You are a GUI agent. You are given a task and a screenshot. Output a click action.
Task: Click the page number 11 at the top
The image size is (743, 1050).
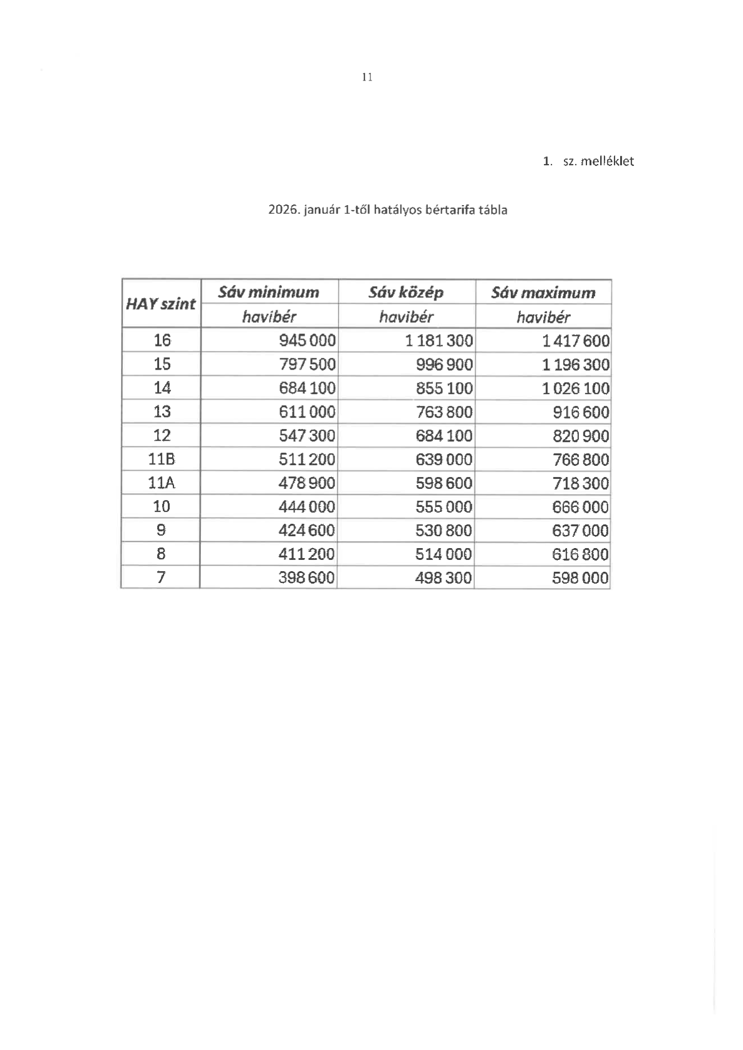tap(367, 77)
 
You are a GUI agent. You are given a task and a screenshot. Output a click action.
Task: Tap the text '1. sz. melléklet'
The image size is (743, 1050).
tap(588, 161)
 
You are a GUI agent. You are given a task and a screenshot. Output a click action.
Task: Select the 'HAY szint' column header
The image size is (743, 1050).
tap(161, 304)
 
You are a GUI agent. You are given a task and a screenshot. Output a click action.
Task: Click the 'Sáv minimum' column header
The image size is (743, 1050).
tap(269, 292)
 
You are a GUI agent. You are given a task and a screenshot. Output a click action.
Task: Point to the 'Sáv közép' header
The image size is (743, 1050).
tap(406, 292)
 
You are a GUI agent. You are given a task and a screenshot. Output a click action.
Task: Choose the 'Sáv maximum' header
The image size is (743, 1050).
tap(543, 292)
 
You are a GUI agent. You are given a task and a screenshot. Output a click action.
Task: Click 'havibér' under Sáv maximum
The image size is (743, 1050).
tap(543, 317)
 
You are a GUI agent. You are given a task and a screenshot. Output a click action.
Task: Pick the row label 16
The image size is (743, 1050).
tap(162, 340)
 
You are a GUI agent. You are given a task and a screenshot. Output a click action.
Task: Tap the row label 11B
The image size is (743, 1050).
tap(162, 460)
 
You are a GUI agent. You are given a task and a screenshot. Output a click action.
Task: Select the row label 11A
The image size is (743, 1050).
tap(162, 483)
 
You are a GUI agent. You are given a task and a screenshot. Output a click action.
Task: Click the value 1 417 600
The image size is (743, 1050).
tap(576, 341)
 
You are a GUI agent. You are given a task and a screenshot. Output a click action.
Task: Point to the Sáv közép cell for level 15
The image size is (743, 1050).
tap(444, 365)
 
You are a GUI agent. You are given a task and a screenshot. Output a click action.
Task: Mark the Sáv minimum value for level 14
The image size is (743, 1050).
tap(307, 388)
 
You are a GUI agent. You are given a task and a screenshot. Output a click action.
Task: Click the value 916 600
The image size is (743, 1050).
tap(581, 412)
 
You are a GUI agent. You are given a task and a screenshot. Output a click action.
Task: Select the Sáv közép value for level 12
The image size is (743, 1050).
tap(444, 436)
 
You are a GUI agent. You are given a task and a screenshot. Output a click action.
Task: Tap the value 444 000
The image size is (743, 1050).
tap(307, 507)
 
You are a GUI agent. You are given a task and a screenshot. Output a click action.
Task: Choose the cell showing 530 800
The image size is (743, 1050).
tap(444, 531)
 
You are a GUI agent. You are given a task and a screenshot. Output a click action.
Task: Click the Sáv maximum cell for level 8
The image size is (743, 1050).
tap(581, 554)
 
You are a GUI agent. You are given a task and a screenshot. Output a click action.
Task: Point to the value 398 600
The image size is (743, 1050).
tap(307, 578)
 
